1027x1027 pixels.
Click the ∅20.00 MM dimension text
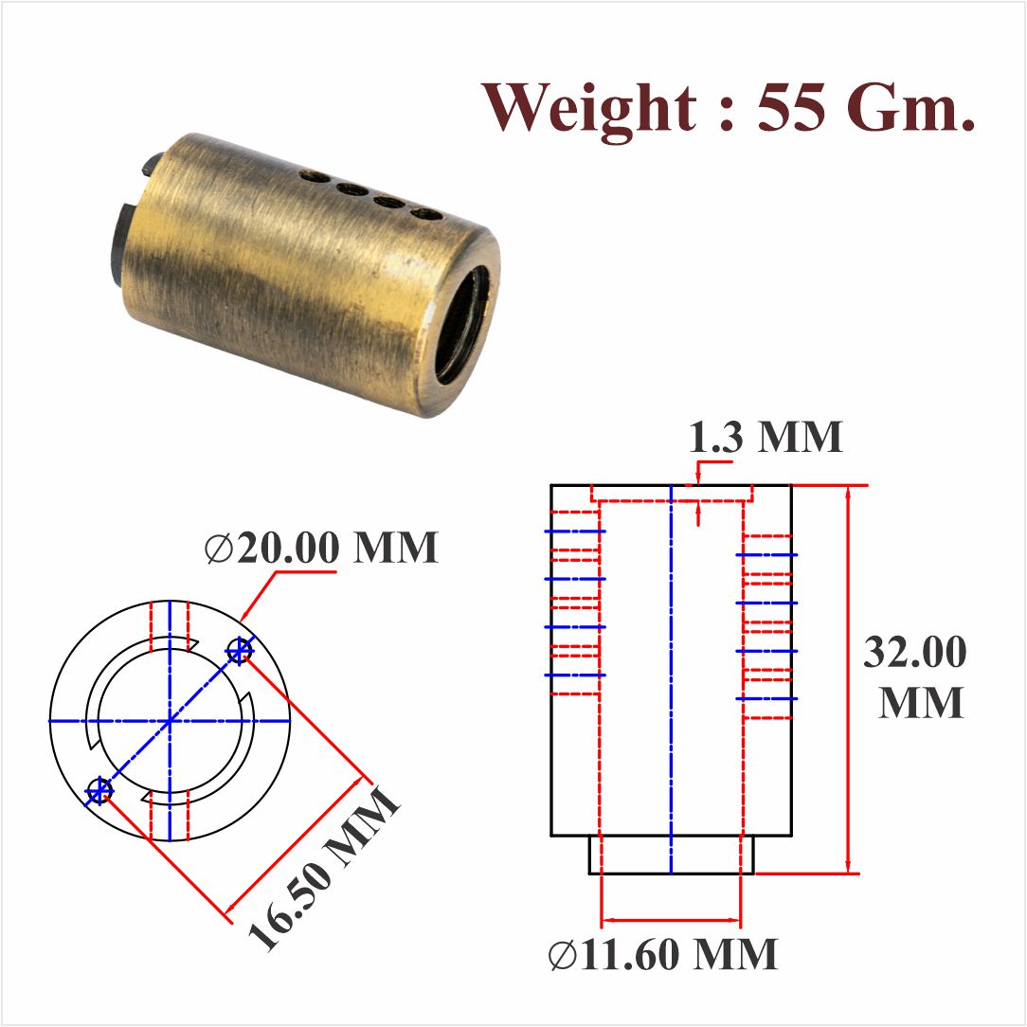coord(322,548)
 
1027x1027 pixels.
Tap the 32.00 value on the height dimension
coord(915,653)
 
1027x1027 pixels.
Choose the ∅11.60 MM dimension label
coord(663,955)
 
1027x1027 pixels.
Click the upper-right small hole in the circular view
coord(240,651)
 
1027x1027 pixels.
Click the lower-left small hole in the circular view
coord(99,789)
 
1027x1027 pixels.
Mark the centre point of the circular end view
coord(170,722)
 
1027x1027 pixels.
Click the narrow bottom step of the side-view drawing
coord(672,855)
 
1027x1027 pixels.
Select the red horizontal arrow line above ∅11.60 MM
coord(671,919)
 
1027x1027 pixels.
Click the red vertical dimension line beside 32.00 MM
coord(849,678)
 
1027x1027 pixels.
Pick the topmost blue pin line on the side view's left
coord(574,532)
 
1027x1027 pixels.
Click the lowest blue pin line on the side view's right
coord(767,698)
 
